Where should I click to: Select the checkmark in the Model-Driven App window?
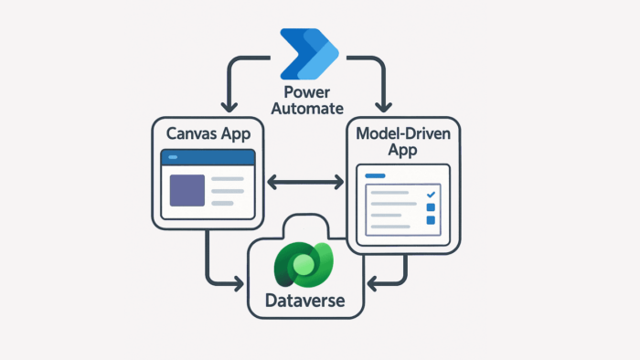tap(431, 194)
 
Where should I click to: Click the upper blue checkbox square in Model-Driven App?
tap(431, 208)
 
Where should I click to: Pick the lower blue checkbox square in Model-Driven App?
tap(431, 222)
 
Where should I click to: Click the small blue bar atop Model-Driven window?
tap(376, 175)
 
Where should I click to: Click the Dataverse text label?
tap(305, 299)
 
